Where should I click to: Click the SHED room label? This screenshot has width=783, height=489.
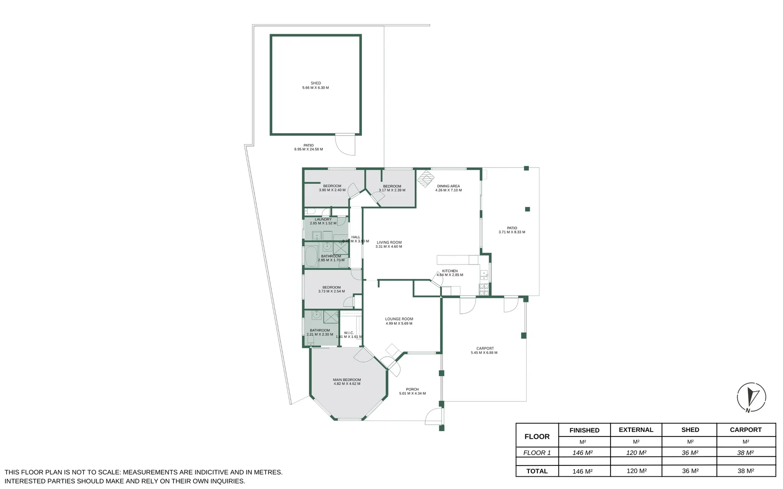pos(316,83)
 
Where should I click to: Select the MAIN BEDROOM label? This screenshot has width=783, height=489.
pos(347,380)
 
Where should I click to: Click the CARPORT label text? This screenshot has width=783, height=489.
pos(485,349)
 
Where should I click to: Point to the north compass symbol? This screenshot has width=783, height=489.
pos(751,398)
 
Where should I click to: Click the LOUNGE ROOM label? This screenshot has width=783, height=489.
pos(399,319)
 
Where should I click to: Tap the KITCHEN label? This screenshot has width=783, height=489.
pos(450,271)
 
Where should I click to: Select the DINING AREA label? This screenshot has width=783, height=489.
pos(448,186)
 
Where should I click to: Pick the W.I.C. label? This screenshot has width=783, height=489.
pos(349,333)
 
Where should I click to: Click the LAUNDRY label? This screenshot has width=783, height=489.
pos(323,220)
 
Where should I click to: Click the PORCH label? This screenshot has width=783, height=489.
pos(412,389)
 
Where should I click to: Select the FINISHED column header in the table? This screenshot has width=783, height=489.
pos(584,430)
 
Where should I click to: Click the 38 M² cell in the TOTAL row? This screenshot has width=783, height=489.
pos(745,471)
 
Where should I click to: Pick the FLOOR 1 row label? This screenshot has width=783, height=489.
pos(537,453)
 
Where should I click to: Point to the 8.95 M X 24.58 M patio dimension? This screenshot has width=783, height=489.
pos(308,149)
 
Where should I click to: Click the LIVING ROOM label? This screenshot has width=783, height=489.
pos(389,243)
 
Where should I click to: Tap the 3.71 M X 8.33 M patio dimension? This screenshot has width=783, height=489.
pos(512,232)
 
